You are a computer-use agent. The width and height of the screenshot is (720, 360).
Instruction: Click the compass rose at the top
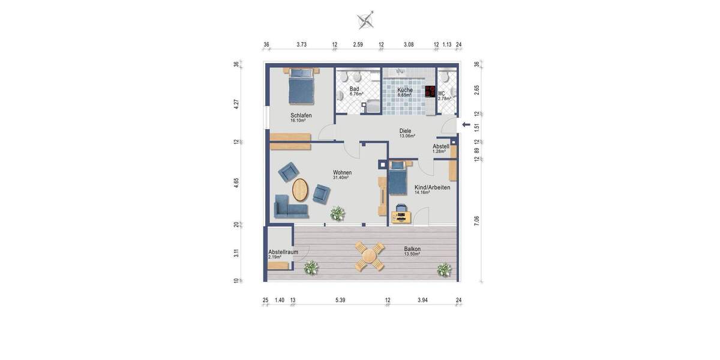click(x=365, y=20)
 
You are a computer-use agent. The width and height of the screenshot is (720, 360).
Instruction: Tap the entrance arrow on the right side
click(x=466, y=124)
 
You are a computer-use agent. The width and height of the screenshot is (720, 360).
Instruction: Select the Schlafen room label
click(x=301, y=116)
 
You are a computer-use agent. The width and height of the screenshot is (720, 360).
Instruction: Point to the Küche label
click(x=405, y=90)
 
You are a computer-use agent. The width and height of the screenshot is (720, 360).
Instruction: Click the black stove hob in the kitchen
click(x=430, y=92)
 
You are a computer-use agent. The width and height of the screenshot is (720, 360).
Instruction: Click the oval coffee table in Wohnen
click(x=300, y=190)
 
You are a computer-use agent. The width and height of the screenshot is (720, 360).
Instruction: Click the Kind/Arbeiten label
click(x=432, y=187)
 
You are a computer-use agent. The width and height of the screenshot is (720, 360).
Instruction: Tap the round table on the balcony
click(x=368, y=257)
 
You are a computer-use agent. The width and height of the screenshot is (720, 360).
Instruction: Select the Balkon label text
click(x=412, y=249)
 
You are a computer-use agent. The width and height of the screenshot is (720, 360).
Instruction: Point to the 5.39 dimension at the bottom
click(x=340, y=300)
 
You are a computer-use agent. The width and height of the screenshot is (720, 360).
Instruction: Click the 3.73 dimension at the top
click(x=302, y=44)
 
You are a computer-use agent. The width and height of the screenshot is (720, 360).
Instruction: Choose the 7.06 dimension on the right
click(x=476, y=220)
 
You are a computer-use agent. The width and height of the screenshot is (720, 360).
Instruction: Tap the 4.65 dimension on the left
click(x=236, y=183)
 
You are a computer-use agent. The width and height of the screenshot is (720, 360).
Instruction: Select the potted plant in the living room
click(x=338, y=212)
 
